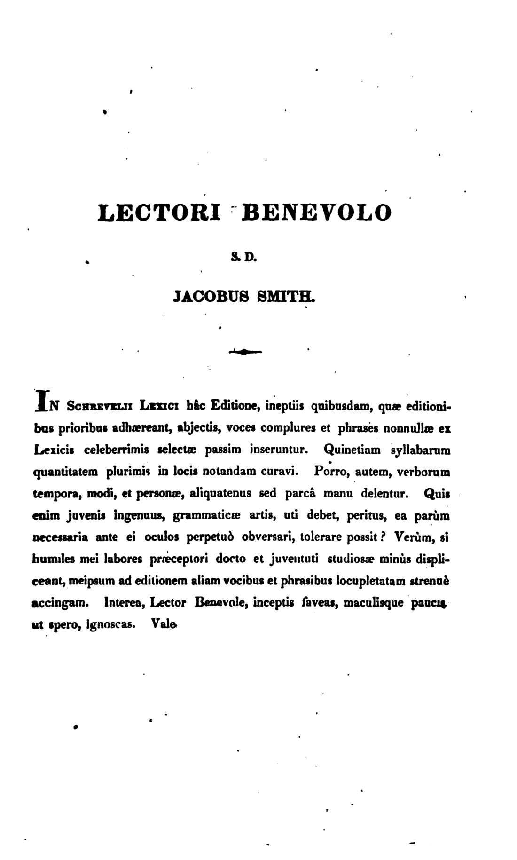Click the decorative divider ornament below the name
[245, 351]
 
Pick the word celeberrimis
[117, 450]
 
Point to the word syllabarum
[421, 450]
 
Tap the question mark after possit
[383, 536]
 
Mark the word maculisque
[374, 603]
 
